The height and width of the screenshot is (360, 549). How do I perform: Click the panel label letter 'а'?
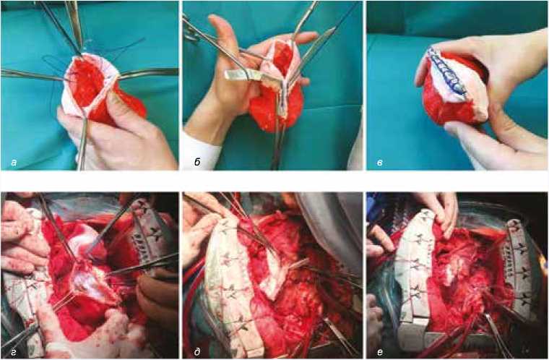tap(14, 163)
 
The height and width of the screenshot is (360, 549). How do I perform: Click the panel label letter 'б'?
tap(197, 162)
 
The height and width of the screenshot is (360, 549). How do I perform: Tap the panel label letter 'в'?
tap(380, 163)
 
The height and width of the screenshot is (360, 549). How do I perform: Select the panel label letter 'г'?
tap(14, 352)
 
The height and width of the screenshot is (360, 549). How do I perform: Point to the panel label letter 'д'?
tap(197, 352)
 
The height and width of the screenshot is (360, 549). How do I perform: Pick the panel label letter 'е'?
tap(380, 352)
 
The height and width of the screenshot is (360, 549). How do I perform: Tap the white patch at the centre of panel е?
tap(455, 270)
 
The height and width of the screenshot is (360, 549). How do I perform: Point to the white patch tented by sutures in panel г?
tap(90, 280)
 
